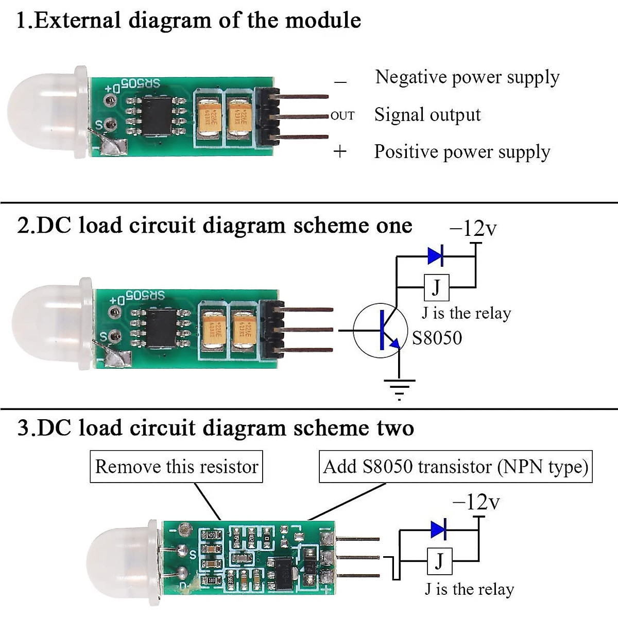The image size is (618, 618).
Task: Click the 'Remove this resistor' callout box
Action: pos(176,467)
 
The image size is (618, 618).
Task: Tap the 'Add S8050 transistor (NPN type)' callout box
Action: pos(455,467)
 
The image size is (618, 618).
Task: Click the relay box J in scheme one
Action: pos(436,287)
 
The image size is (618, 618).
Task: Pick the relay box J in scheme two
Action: pos(439,561)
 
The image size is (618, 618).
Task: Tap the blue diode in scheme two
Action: pos(438,529)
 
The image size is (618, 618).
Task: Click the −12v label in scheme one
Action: pos(473,228)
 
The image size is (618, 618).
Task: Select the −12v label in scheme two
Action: pos(476,502)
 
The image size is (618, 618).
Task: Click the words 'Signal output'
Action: pos(427,115)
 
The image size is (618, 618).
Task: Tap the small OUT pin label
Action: pos(342,116)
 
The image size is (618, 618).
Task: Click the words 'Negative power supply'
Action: pos(467,77)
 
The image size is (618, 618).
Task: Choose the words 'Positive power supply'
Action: pos(462,152)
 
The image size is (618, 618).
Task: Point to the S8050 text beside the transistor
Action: pos(437,338)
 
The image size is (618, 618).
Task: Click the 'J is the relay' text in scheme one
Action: pos(466,313)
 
